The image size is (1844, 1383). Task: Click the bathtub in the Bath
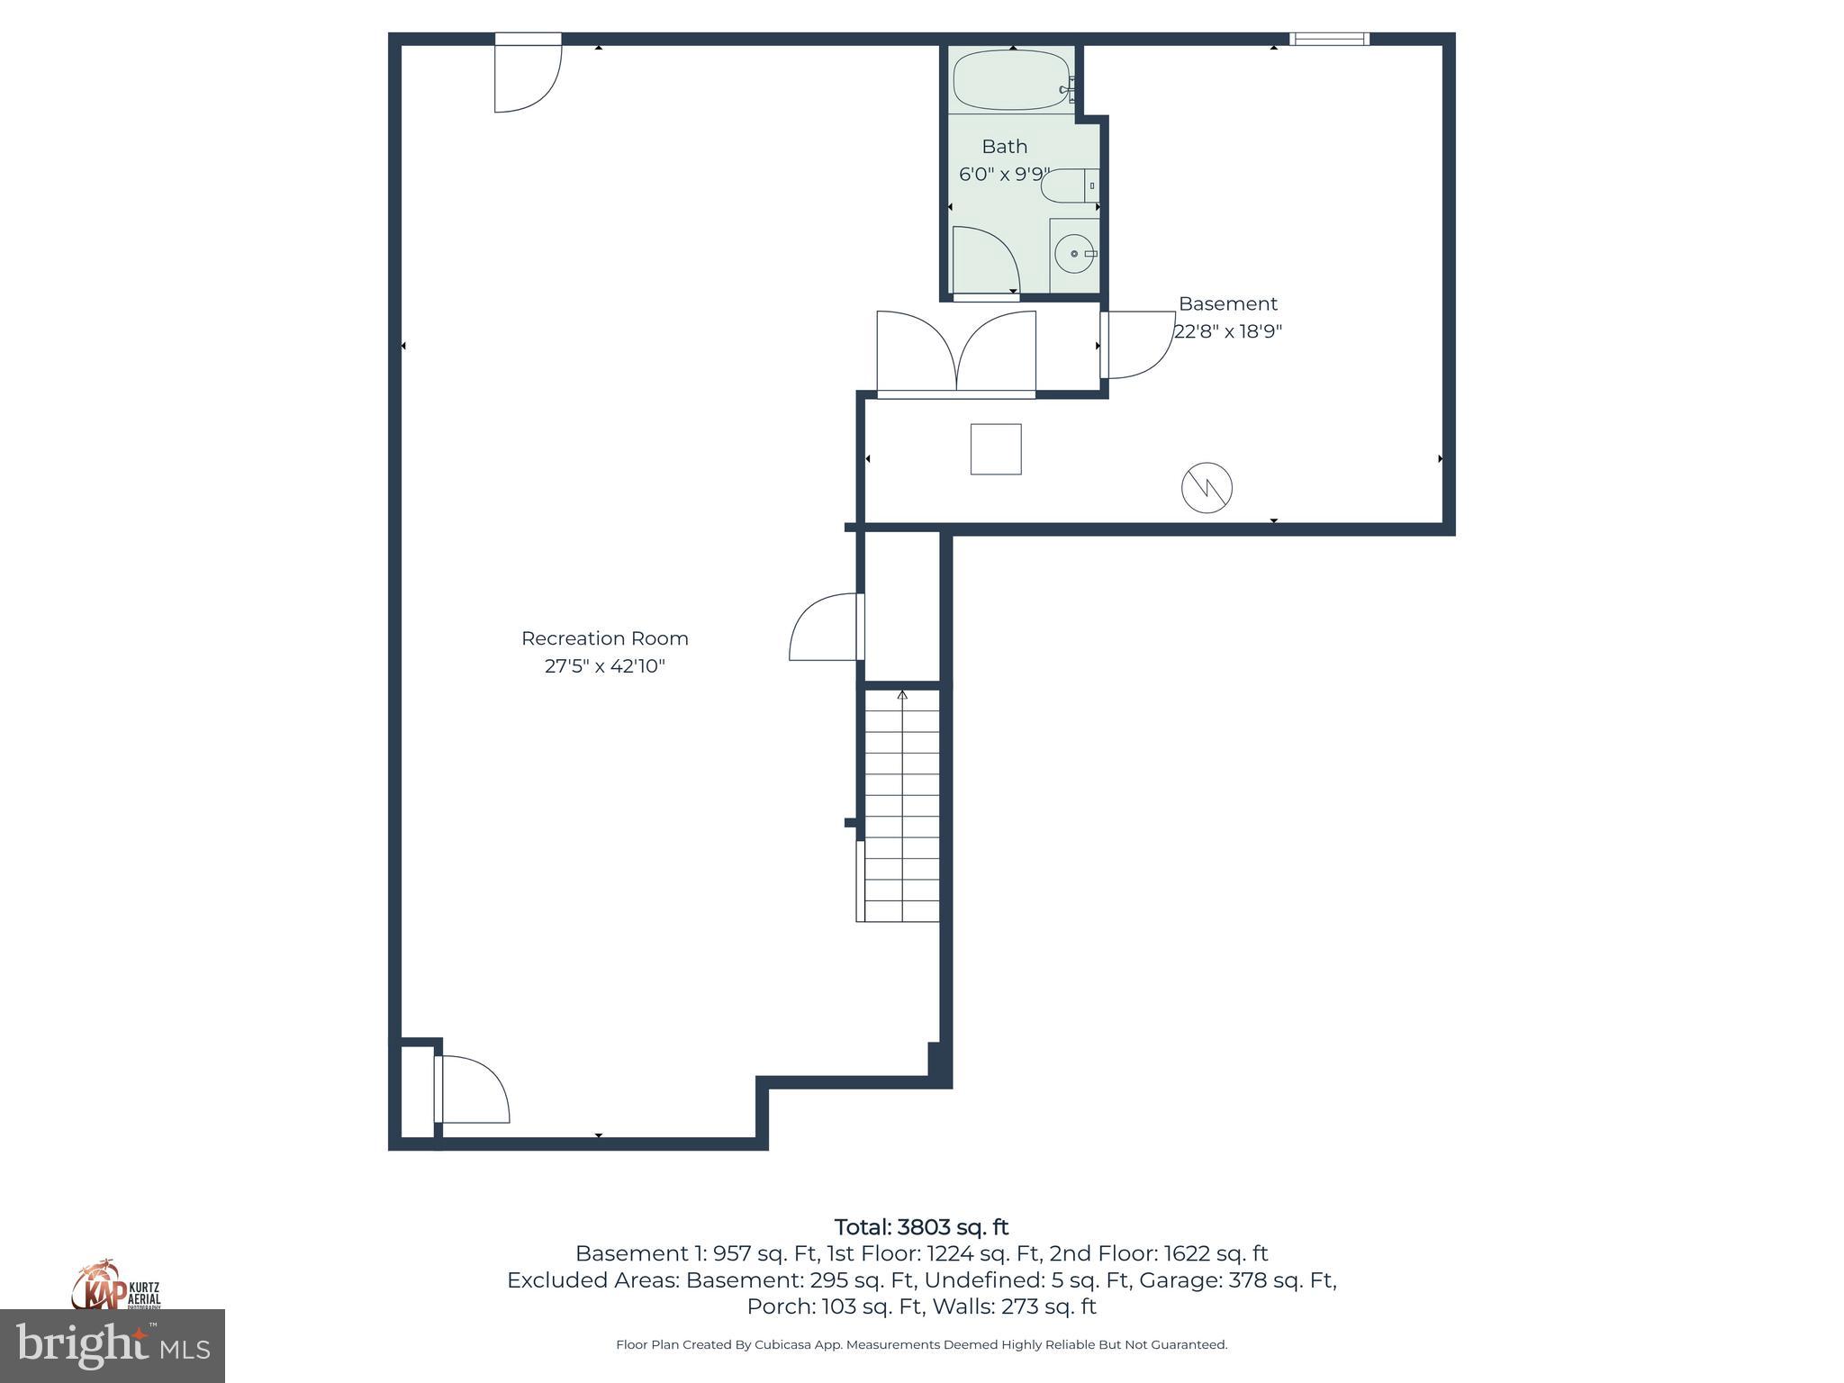[x=1011, y=81]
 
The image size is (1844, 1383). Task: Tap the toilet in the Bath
[x=1066, y=185]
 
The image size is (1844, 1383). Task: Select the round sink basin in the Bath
[x=1073, y=254]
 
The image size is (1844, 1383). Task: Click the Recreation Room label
[x=604, y=638]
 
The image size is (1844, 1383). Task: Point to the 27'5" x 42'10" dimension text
[x=604, y=666]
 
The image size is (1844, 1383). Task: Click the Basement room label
[x=1227, y=303]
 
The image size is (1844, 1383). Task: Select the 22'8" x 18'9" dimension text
[x=1227, y=331]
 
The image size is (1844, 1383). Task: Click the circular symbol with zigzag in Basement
[x=1207, y=488]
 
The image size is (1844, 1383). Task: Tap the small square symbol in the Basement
[x=995, y=448]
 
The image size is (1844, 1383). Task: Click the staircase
[x=901, y=806]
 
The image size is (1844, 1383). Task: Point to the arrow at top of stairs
[x=902, y=695]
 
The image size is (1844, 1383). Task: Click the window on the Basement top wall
[x=1329, y=39]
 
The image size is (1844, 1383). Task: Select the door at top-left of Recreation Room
[x=527, y=77]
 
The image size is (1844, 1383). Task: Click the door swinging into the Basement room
[x=1136, y=344]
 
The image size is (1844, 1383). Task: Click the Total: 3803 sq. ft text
[x=921, y=1227]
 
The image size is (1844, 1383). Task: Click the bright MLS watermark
[x=113, y=1345]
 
